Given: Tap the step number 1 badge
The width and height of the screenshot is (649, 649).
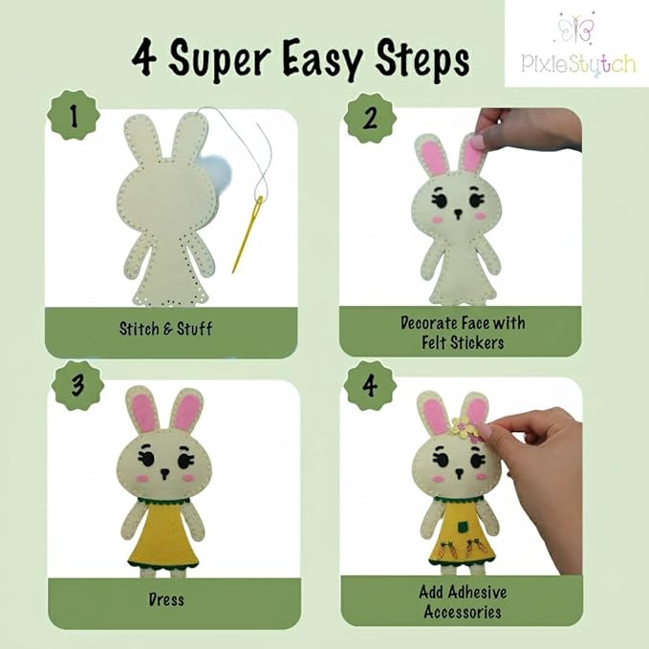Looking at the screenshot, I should coord(75,118).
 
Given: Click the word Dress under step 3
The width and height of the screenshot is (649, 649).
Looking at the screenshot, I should coord(166,600).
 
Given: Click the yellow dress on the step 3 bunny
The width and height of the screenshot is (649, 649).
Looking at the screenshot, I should coord(165,539).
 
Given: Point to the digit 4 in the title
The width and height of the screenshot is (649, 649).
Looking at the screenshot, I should coord(145,59).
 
